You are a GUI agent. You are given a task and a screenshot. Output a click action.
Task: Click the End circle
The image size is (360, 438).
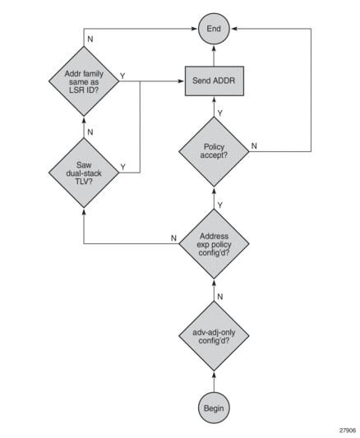(x=214, y=29)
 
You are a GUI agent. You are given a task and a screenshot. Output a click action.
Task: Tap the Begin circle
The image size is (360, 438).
(x=214, y=408)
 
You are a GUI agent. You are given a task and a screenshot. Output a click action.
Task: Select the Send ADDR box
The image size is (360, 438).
(x=215, y=81)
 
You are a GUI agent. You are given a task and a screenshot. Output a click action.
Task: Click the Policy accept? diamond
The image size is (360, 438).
(x=214, y=151)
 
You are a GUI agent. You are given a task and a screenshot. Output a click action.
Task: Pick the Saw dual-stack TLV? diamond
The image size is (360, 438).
(x=84, y=173)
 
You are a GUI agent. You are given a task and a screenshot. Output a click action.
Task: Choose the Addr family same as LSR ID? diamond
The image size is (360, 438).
(x=84, y=81)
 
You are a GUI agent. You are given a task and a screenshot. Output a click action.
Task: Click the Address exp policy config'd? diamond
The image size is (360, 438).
(x=214, y=244)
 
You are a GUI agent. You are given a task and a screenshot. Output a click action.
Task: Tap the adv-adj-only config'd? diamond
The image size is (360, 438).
(x=214, y=336)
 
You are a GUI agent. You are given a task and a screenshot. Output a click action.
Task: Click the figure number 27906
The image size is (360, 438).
(x=348, y=430)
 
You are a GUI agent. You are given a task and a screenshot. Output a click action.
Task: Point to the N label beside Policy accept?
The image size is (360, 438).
(x=254, y=145)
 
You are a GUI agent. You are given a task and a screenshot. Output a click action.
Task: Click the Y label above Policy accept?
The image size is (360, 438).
(x=220, y=113)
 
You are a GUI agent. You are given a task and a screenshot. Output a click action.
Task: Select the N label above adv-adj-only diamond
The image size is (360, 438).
(x=220, y=297)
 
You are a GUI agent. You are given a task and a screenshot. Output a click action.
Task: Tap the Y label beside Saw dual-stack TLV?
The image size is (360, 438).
(x=122, y=167)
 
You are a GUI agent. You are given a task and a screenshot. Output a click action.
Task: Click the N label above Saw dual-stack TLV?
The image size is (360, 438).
(x=90, y=131)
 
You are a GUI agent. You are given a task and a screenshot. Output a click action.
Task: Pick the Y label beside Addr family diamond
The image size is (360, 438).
(x=122, y=76)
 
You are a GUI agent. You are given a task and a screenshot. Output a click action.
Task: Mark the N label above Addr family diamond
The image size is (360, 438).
(x=90, y=39)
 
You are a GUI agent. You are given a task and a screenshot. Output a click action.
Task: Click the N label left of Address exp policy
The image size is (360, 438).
(x=173, y=238)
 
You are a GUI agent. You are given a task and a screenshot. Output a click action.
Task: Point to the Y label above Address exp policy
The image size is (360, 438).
(x=220, y=205)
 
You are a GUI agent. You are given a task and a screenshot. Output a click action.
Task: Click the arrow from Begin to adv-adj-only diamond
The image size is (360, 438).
(x=214, y=381)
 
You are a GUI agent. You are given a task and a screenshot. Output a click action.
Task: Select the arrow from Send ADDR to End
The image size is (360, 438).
(x=214, y=56)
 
